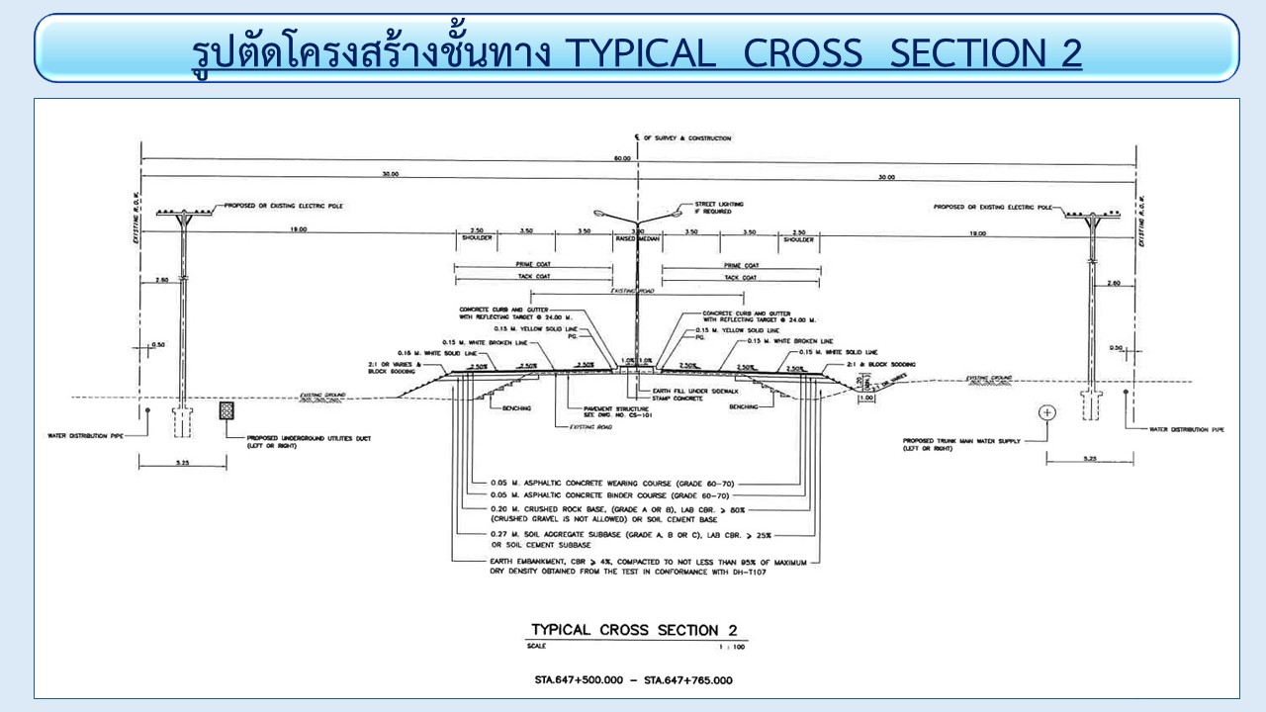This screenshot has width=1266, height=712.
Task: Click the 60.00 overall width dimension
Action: pos(621,158)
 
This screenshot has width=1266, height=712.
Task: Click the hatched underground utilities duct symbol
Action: pos(226,409)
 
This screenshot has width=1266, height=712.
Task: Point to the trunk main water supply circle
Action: pos(1047,412)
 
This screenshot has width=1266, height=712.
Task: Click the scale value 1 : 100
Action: pos(732,646)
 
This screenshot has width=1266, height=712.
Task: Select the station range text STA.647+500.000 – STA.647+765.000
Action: pos(633,680)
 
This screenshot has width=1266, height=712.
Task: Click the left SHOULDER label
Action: pos(477,239)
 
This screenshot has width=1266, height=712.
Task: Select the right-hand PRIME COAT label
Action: pos(741,265)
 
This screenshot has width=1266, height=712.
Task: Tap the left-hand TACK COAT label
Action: pos(531,278)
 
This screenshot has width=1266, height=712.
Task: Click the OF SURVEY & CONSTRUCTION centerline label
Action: pos(686,138)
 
